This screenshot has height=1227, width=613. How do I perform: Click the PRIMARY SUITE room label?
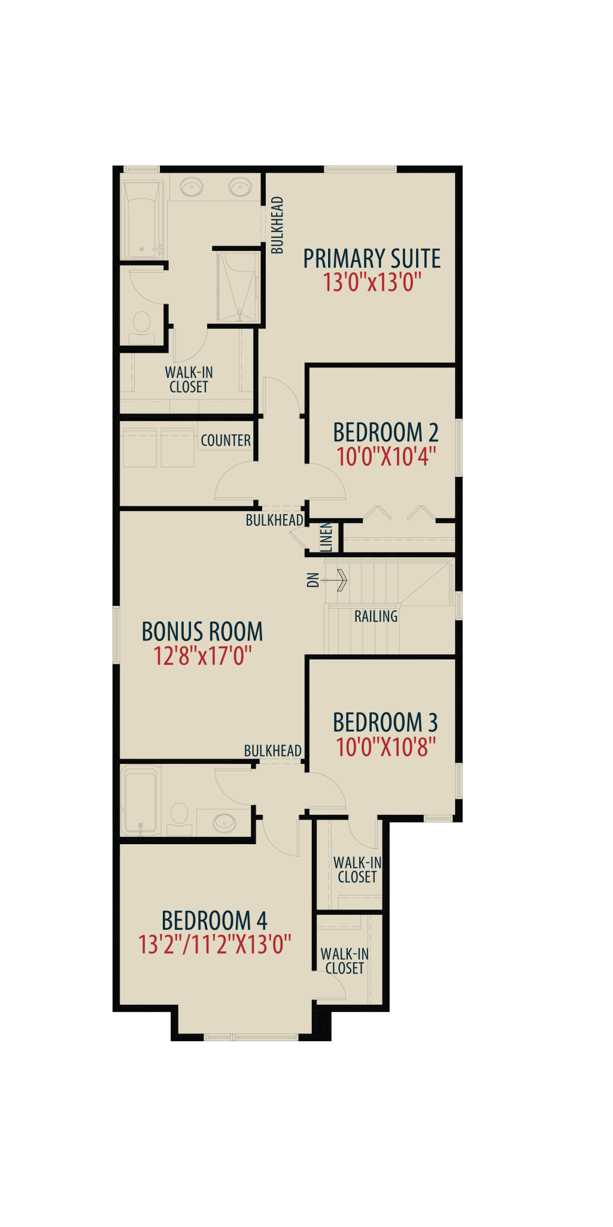click(372, 259)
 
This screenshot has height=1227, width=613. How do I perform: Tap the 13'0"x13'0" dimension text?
click(372, 282)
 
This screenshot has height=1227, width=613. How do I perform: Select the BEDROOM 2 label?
click(386, 433)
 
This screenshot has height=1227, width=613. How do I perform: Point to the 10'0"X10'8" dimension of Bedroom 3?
click(386, 747)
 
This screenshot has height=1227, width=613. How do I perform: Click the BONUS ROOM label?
click(202, 631)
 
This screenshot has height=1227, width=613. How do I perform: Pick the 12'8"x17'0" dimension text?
click(202, 656)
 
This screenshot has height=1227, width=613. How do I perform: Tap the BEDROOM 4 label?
click(214, 921)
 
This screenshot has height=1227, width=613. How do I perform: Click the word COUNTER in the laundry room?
click(226, 440)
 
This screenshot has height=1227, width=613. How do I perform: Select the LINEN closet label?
click(326, 537)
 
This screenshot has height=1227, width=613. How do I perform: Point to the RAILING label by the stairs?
click(376, 616)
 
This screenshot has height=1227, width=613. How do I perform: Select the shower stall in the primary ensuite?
click(239, 287)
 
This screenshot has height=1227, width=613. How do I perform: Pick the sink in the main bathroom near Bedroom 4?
click(224, 822)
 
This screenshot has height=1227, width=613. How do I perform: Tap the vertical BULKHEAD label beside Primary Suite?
click(277, 225)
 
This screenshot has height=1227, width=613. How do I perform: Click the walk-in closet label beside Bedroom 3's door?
click(357, 870)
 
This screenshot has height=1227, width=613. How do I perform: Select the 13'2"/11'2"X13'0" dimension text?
click(214, 945)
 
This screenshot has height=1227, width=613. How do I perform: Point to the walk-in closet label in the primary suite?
click(189, 380)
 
